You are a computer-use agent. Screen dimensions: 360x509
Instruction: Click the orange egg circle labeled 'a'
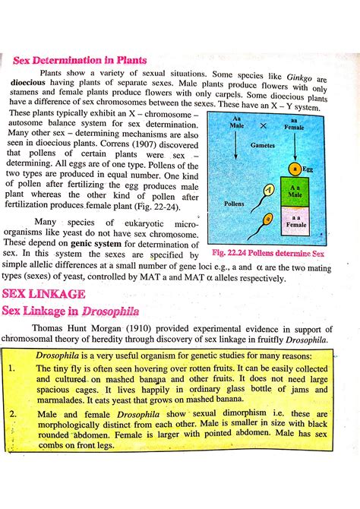(294, 169)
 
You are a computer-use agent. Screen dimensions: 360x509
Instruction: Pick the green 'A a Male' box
(295, 191)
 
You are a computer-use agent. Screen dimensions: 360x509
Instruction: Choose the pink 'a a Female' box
(295, 221)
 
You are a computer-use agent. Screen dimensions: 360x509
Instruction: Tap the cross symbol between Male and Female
(264, 125)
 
